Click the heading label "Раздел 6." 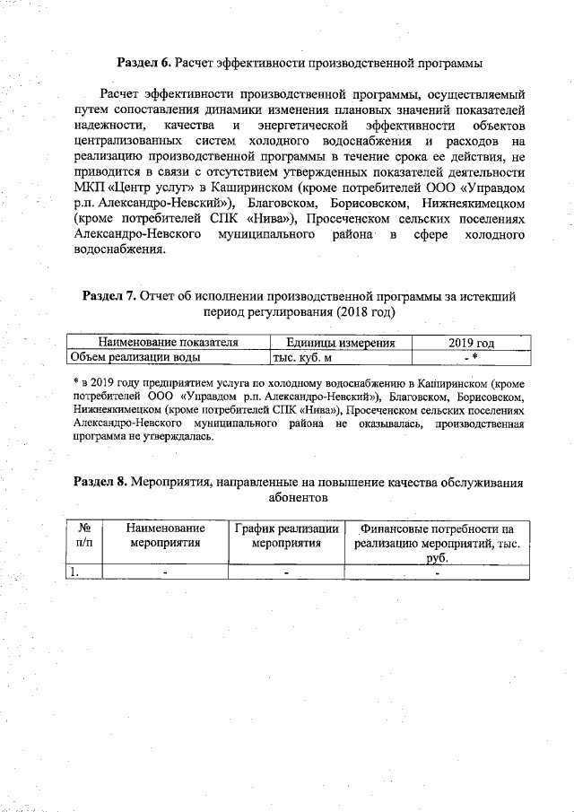coord(145,64)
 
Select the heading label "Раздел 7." coord(110,295)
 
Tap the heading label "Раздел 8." coord(100,482)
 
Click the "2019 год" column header coord(470,343)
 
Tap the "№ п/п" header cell coord(86,537)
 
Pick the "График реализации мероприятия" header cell coord(286,537)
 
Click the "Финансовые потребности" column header coord(437,529)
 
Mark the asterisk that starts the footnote coord(76,383)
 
